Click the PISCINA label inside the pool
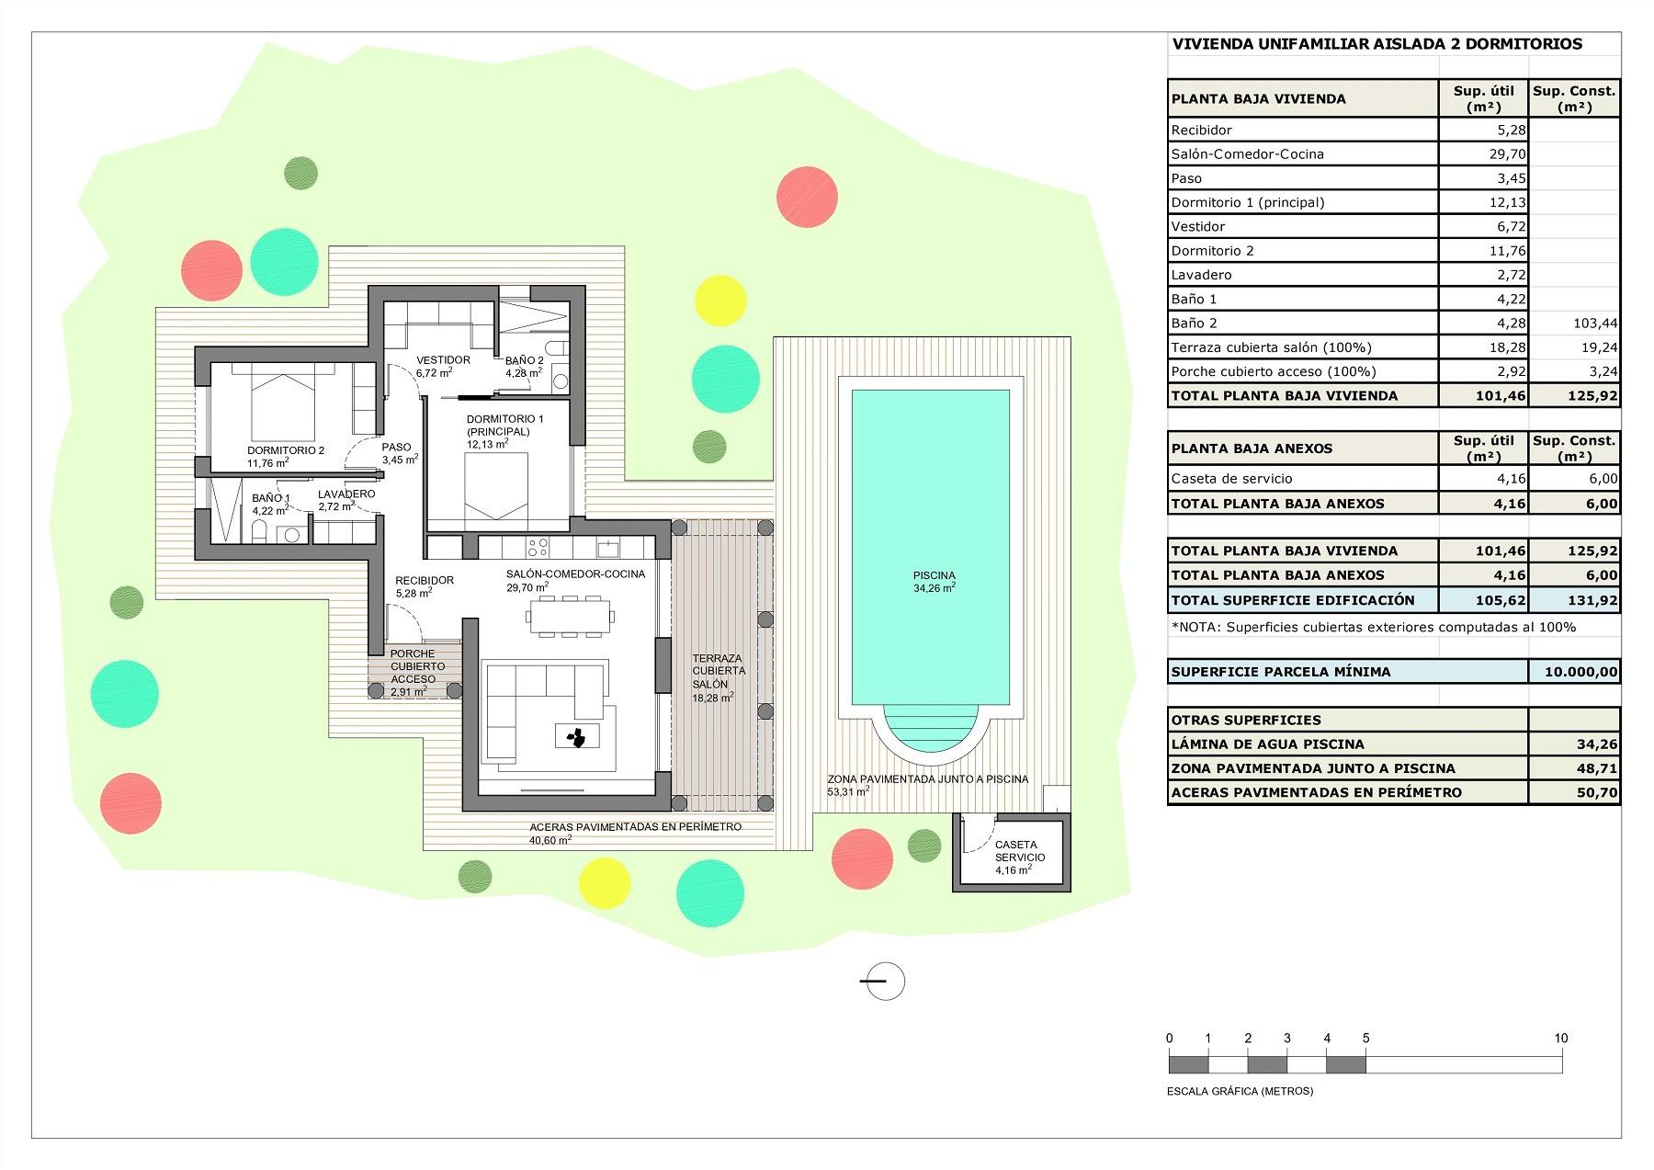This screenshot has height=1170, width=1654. click(x=934, y=576)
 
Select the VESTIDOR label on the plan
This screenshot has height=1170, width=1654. click(x=443, y=360)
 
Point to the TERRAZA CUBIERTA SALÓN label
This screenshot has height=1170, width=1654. click(x=718, y=672)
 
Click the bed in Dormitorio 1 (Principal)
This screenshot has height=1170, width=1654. click(x=495, y=487)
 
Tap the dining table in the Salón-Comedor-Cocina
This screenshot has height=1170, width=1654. click(x=570, y=615)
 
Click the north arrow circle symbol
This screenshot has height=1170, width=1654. click(x=886, y=981)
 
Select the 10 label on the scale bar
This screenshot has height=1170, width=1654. click(x=1560, y=1039)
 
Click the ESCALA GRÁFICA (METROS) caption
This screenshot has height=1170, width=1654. click(x=1240, y=1091)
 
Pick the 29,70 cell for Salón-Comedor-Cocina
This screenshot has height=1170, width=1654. click(x=1507, y=154)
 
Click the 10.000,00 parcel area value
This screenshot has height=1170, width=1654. click(x=1580, y=672)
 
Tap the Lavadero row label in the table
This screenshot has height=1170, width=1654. click(x=1201, y=275)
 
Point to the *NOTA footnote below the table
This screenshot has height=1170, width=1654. click(x=1373, y=627)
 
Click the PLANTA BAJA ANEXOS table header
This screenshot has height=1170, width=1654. click(x=1252, y=449)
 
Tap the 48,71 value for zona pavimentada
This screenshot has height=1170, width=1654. click(x=1597, y=768)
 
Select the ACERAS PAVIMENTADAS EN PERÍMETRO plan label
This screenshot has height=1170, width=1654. click(x=635, y=826)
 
